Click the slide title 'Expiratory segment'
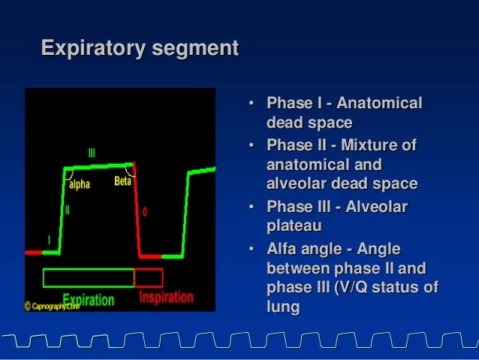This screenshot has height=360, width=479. coord(140,49)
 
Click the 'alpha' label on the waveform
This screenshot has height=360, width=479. coord(79,183)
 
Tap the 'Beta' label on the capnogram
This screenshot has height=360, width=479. coord(122,181)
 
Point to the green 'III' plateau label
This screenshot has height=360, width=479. coord(92,153)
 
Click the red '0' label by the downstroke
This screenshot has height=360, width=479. coord(145,212)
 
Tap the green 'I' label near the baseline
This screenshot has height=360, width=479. coord(50,239)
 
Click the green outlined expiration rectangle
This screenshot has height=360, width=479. coord(88,277)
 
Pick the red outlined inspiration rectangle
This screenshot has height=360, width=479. coord(149,277)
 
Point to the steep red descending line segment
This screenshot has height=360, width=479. coord(137,210)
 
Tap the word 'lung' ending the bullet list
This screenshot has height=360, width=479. coord(282,307)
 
